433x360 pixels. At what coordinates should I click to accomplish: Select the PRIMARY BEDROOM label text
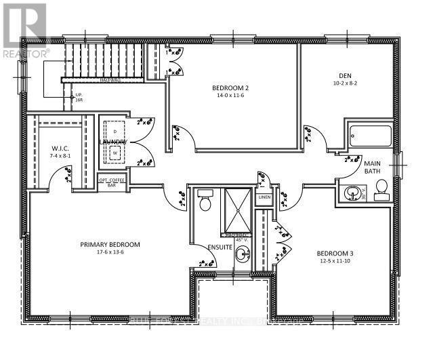click(x=110, y=244)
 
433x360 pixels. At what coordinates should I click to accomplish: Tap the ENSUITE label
click(x=220, y=247)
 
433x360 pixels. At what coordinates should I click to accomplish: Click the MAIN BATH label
click(x=373, y=167)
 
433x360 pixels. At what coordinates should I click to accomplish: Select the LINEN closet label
click(x=263, y=197)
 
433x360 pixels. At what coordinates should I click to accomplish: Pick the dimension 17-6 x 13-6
click(x=110, y=252)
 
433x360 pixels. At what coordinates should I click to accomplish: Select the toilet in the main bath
click(x=382, y=188)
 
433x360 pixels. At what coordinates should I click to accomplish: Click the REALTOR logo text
click(x=25, y=53)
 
